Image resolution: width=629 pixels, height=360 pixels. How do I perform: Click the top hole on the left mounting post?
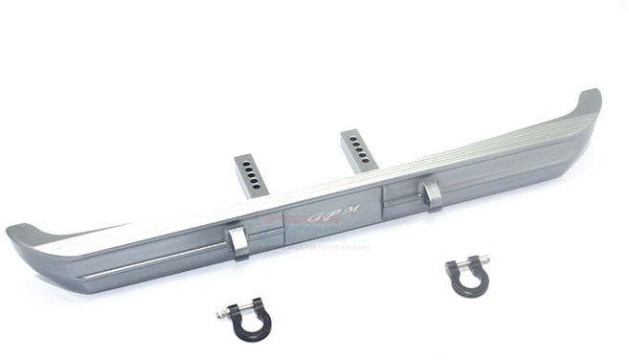coord(247,164)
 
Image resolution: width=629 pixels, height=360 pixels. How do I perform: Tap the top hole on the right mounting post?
coord(351,138)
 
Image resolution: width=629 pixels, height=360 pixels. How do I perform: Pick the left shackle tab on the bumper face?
coord(237,242)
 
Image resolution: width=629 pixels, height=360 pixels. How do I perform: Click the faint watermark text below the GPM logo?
coord(330,245)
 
